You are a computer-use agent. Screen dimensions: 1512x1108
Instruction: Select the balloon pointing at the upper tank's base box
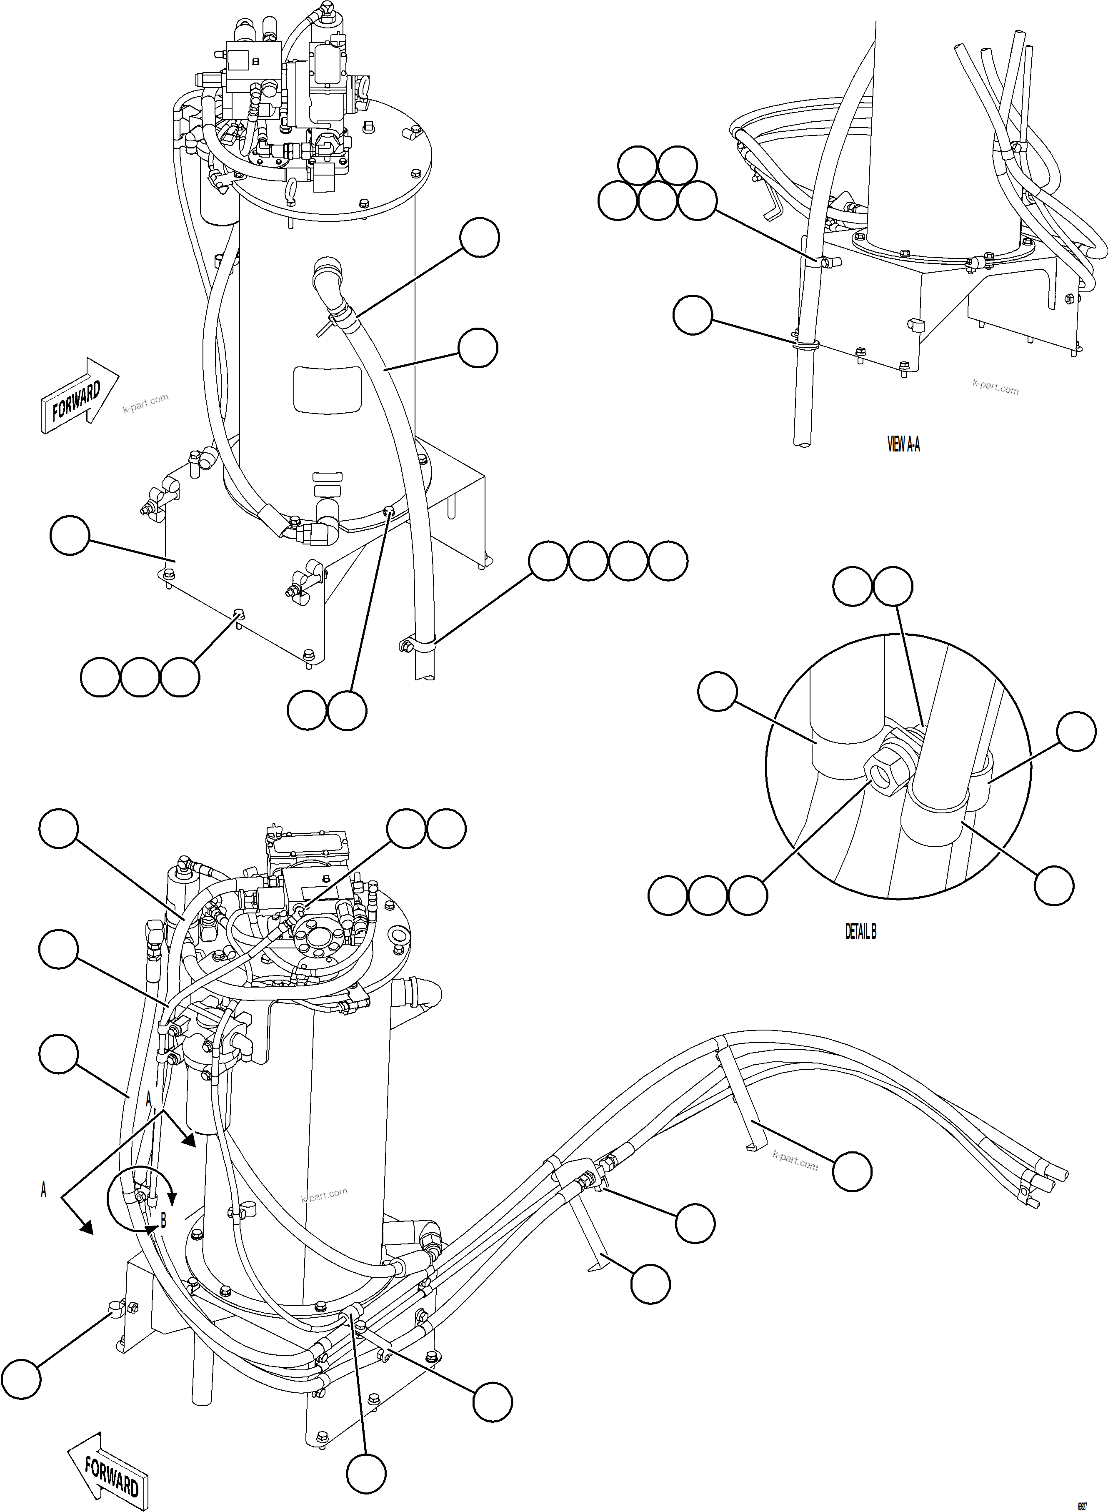[70, 534]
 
